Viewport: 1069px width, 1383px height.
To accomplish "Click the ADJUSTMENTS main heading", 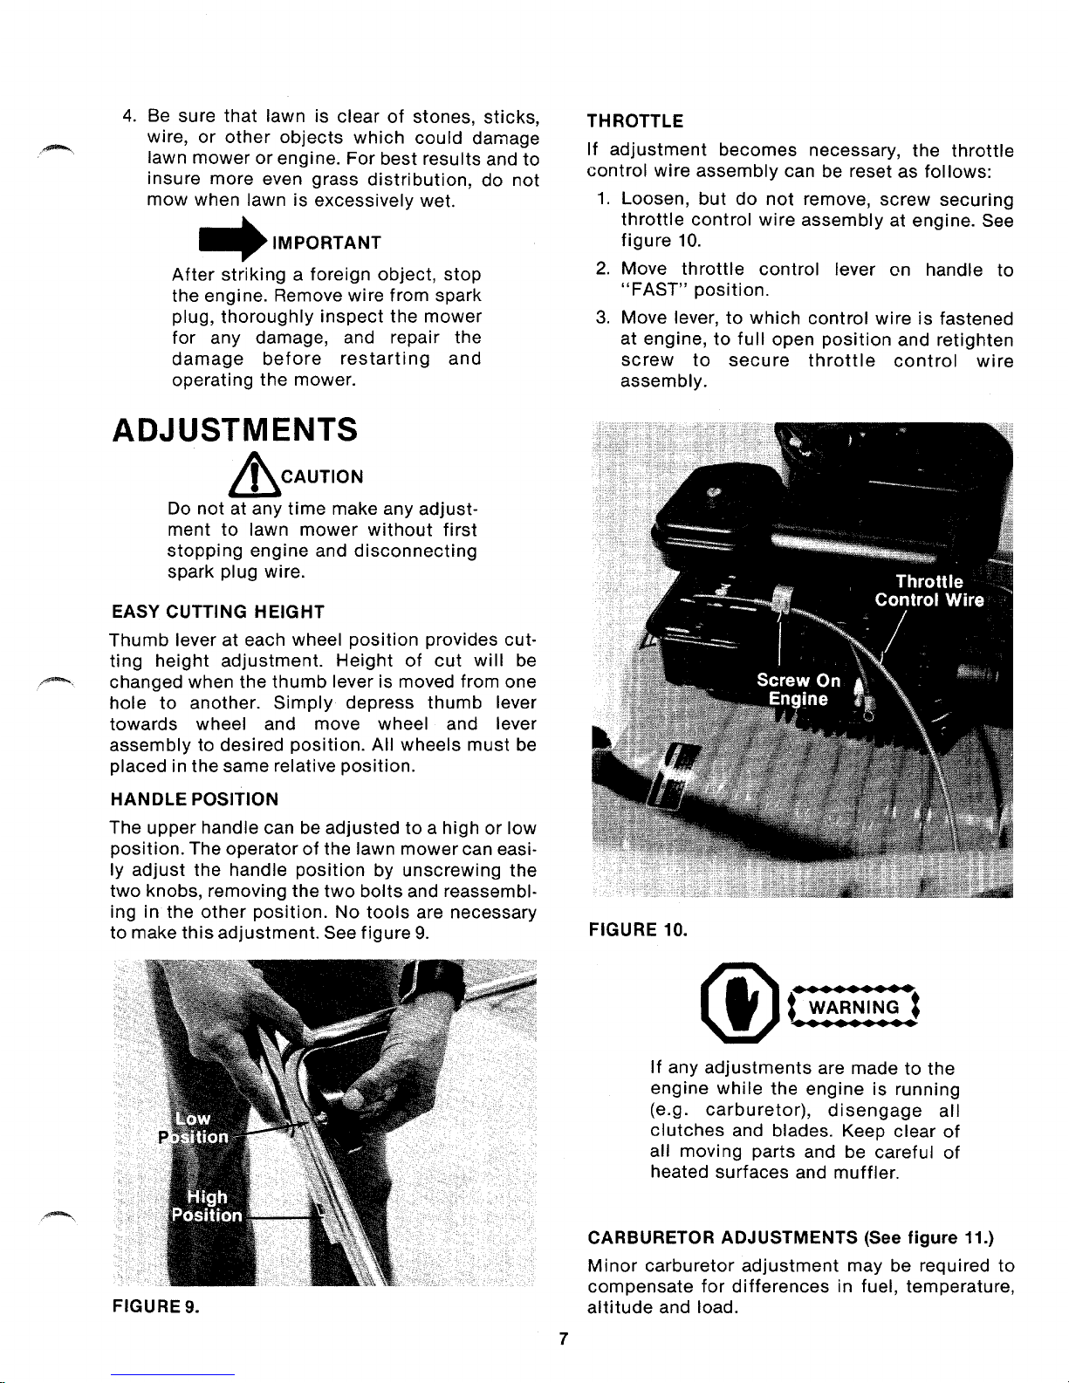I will coord(235,429).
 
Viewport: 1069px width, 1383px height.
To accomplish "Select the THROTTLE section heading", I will coord(635,120).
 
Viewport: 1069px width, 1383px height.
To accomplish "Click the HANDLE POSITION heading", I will coord(194,798).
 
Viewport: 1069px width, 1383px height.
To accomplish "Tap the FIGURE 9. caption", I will coord(155,1306).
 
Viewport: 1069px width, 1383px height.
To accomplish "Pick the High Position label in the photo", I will coord(207,1206).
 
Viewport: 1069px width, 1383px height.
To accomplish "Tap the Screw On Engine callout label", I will coord(798,689).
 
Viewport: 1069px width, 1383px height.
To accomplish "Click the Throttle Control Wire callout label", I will coord(929,591).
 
